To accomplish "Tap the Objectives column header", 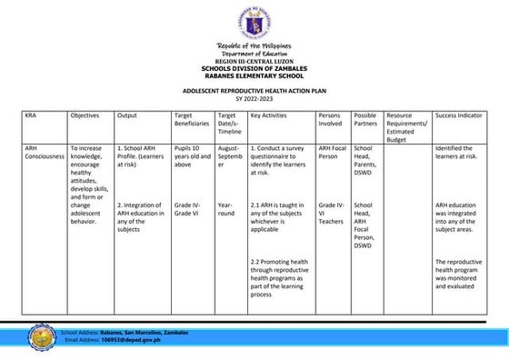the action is click(x=85, y=116).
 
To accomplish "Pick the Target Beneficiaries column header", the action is click(x=192, y=121).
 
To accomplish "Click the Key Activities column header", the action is click(x=269, y=116).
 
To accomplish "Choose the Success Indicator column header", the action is click(x=459, y=116).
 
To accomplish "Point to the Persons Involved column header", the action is click(x=330, y=121).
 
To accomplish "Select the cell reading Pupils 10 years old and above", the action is click(x=191, y=156).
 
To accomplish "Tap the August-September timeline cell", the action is click(x=229, y=156).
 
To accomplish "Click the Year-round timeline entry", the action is click(x=227, y=210).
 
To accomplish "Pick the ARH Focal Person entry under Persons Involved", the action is click(x=330, y=152).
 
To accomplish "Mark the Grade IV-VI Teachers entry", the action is click(x=331, y=213).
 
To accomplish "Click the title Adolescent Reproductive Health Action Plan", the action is click(x=253, y=91).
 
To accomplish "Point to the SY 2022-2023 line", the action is click(x=254, y=98).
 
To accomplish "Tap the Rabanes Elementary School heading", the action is click(x=254, y=75).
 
